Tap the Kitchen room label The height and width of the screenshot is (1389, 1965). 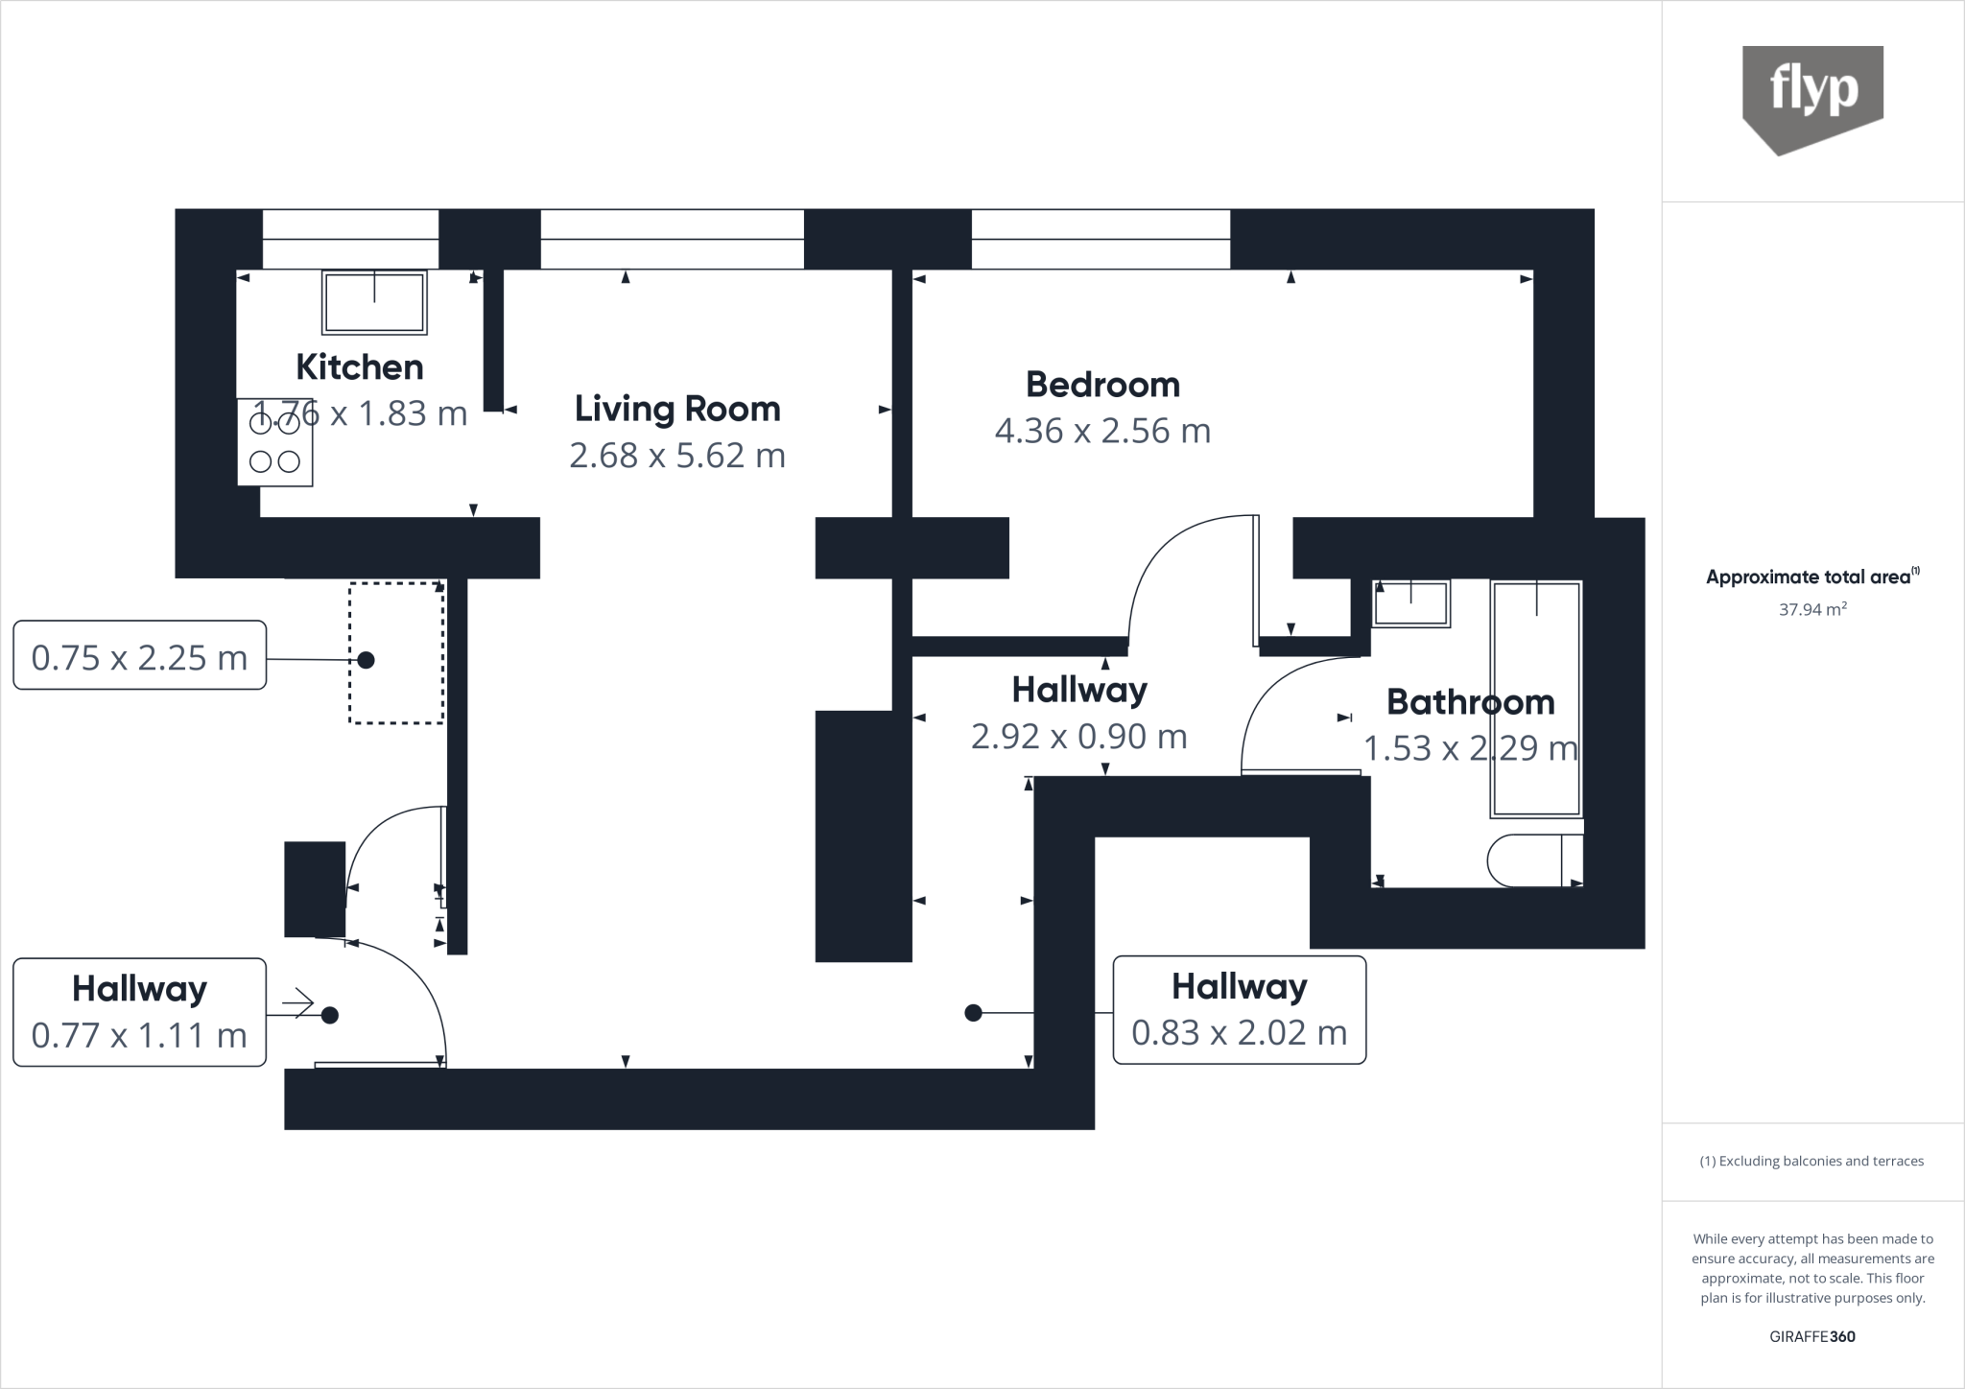[x=359, y=367]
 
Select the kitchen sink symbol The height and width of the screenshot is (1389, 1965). [x=374, y=302]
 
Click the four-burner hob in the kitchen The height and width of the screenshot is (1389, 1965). [x=275, y=442]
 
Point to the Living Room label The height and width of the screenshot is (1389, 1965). [x=677, y=409]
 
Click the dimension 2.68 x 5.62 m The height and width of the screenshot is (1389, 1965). [x=677, y=455]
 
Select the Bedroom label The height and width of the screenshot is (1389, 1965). [x=1102, y=385]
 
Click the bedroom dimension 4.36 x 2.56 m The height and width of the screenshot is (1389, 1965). [x=1102, y=431]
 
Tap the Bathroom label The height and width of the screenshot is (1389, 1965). [x=1470, y=702]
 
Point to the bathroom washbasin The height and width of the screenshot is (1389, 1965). [x=1410, y=603]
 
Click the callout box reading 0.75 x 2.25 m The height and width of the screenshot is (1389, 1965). [x=139, y=656]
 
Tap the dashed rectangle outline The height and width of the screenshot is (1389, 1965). [x=396, y=652]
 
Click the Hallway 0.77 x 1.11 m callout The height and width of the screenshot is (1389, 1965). [x=139, y=1012]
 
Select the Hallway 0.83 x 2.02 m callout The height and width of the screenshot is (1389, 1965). [x=1239, y=1010]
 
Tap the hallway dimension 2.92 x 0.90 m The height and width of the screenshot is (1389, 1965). [x=1078, y=737]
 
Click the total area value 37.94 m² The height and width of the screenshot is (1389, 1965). [x=1812, y=609]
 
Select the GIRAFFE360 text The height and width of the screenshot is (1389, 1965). [x=1812, y=1336]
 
